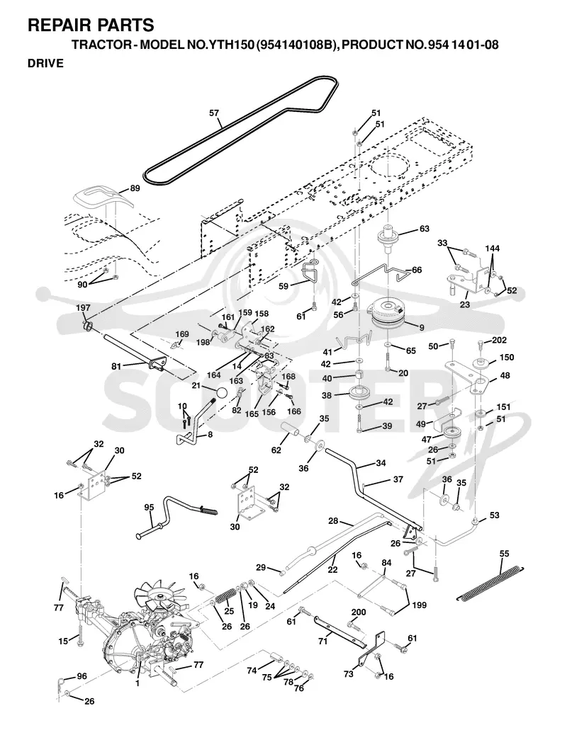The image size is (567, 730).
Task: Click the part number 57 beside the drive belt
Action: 214,113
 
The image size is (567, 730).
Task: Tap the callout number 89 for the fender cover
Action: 135,188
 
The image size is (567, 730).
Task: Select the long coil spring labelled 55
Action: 490,582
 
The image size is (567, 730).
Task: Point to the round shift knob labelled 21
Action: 221,392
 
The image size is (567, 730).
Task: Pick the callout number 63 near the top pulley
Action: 425,229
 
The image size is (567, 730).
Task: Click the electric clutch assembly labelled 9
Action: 388,314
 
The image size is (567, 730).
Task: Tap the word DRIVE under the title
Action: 45,63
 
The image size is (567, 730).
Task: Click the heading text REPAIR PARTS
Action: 91,25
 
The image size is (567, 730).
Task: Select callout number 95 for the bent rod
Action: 149,508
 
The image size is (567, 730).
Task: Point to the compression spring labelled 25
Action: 225,597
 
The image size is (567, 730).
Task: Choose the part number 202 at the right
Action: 499,341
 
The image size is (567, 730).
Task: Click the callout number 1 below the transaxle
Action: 137,683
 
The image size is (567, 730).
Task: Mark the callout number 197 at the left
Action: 84,308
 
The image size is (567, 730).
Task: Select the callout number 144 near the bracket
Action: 493,248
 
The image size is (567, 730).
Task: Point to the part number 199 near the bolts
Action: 419,605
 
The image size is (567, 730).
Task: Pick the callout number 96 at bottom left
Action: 82,676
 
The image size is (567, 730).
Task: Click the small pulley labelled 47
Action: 451,433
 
